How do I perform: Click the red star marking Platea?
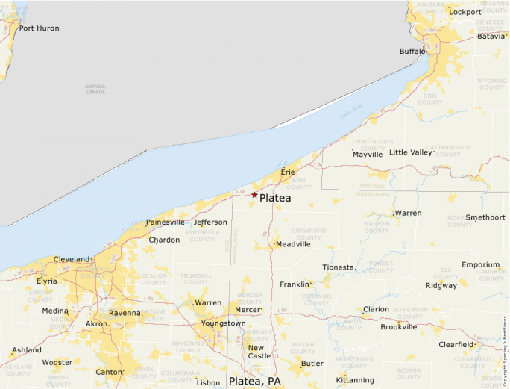point(254,195)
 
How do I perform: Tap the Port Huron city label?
point(39,28)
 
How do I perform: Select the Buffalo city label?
point(412,52)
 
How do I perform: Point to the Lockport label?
point(465,12)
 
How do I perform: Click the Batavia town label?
point(491,36)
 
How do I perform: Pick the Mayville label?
point(368,155)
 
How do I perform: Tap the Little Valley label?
point(411,152)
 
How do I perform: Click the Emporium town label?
point(480,265)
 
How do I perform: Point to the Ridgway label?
point(441,286)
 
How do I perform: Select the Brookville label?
point(398,326)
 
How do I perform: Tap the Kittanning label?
point(355,380)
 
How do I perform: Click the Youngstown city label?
point(223,323)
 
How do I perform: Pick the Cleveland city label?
point(71,259)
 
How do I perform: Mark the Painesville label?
point(165,222)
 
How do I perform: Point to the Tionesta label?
point(339,267)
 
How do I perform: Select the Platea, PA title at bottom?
point(255,381)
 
